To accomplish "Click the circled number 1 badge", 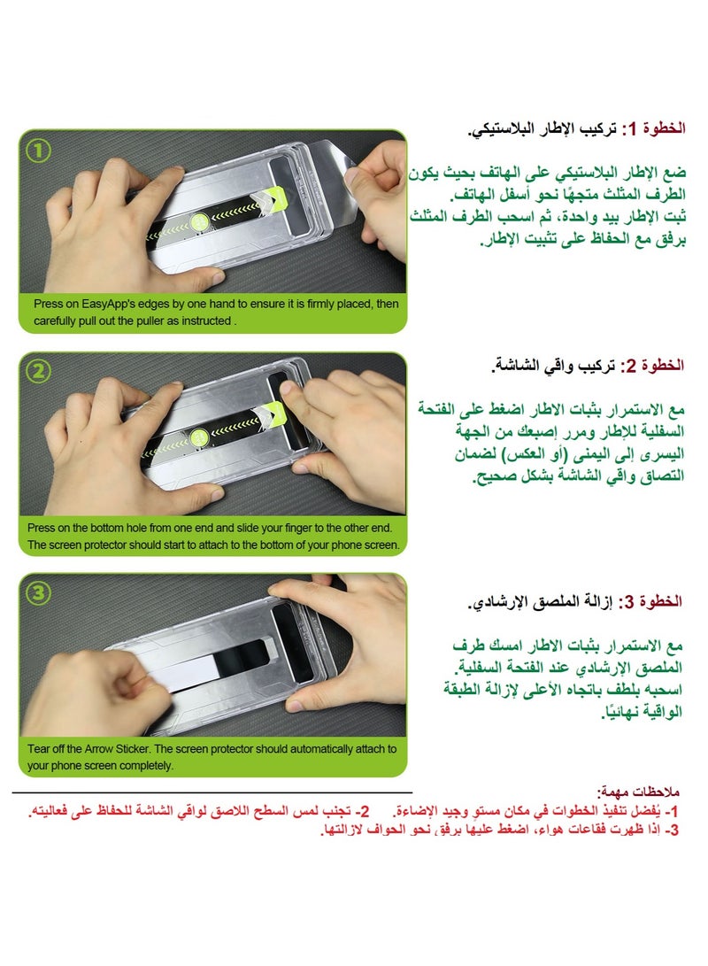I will [x=37, y=151].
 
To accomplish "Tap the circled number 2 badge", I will [x=37, y=373].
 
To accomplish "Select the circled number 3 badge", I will [x=37, y=594].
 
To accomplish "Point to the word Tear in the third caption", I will [x=40, y=749].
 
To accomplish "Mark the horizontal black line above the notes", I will [x=212, y=792].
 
